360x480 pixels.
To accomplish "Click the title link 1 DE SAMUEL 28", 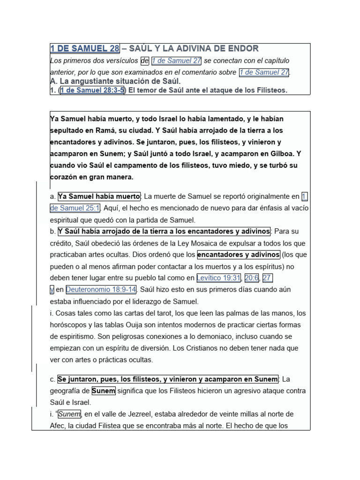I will (x=85, y=49).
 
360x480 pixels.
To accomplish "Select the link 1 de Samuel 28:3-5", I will (x=92, y=90).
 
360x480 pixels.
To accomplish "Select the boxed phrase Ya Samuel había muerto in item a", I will (x=99, y=196).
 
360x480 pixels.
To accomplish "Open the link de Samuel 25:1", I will (x=74, y=208).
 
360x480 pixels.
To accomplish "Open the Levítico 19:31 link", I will (x=218, y=278).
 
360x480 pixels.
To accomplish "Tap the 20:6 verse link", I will (x=251, y=278).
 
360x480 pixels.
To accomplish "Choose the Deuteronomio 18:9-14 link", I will (x=101, y=290).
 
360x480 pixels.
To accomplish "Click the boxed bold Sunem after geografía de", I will (x=103, y=390).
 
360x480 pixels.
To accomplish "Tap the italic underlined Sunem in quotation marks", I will (x=69, y=414).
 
